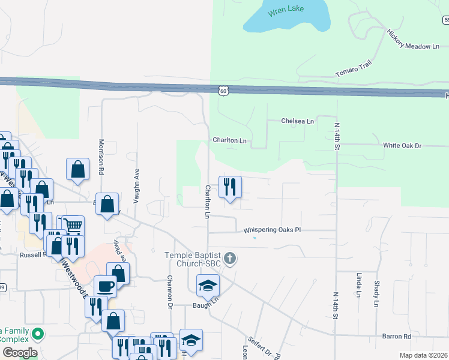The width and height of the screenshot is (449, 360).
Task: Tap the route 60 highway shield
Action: (223, 91)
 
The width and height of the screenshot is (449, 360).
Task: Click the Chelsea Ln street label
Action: (298, 121)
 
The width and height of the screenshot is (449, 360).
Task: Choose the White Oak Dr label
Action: (403, 146)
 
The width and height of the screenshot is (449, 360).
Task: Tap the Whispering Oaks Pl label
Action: (271, 230)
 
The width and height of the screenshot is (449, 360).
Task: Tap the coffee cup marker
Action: (105, 287)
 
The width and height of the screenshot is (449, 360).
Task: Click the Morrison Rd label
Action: (101, 158)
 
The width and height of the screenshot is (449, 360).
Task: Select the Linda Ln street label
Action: (358, 285)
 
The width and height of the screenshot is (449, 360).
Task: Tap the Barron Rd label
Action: (394, 337)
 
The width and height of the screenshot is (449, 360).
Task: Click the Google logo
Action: (20, 353)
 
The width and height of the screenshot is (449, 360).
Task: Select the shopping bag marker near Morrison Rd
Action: (78, 170)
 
